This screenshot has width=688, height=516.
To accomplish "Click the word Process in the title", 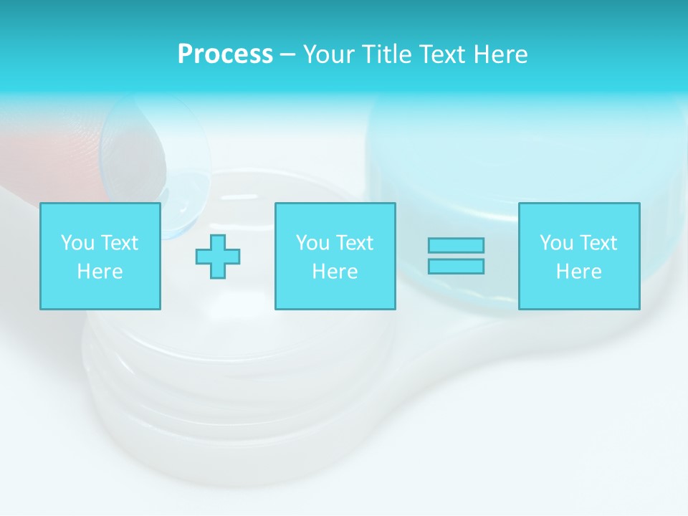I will (x=225, y=54).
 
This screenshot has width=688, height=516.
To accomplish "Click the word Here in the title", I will (x=502, y=54).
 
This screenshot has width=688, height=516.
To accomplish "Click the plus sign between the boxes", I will (x=218, y=257).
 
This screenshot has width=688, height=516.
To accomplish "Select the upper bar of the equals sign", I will (x=456, y=245).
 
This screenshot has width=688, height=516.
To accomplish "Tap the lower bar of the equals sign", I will (x=456, y=267).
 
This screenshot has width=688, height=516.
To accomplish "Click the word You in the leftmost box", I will (x=77, y=243).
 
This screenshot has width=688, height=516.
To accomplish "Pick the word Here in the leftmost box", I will (x=100, y=272).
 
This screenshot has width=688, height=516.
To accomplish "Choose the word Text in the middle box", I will (x=355, y=243).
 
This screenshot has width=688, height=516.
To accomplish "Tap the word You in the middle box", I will (x=312, y=243).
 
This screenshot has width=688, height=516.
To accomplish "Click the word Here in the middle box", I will (x=335, y=272).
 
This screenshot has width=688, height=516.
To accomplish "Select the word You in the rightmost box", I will (x=556, y=243).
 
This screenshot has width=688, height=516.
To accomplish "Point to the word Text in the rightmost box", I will (x=598, y=243).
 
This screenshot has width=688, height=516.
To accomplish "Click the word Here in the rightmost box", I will (x=578, y=272).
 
